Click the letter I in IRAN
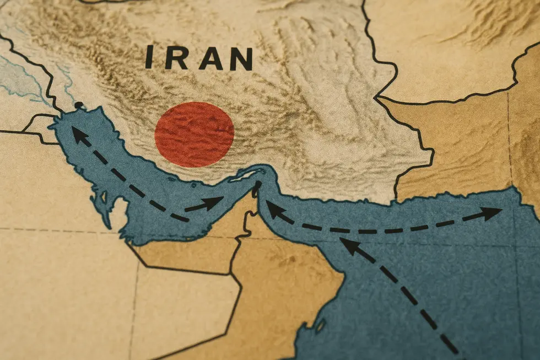tap(149, 57)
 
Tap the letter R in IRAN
tap(176, 58)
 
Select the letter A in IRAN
tap(210, 58)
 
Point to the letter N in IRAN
tap(241, 59)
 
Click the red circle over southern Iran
tap(194, 135)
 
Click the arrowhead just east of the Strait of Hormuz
tap(274, 209)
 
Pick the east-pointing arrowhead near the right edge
tap(492, 213)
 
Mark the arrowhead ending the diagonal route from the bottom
tap(348, 244)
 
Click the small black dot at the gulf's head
tap(79, 105)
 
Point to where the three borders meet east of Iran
tap(379, 98)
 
